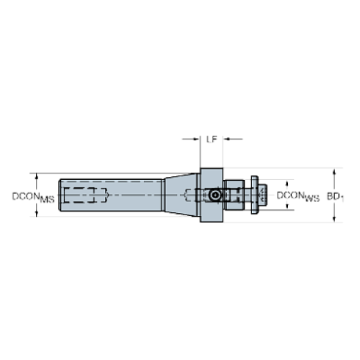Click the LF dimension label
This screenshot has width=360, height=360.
point(212,137)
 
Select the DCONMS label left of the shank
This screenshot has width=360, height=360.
point(34,197)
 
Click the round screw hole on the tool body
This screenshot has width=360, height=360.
point(214,196)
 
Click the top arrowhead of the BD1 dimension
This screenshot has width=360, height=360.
point(336,171)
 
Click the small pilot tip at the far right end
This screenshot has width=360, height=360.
point(259,196)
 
